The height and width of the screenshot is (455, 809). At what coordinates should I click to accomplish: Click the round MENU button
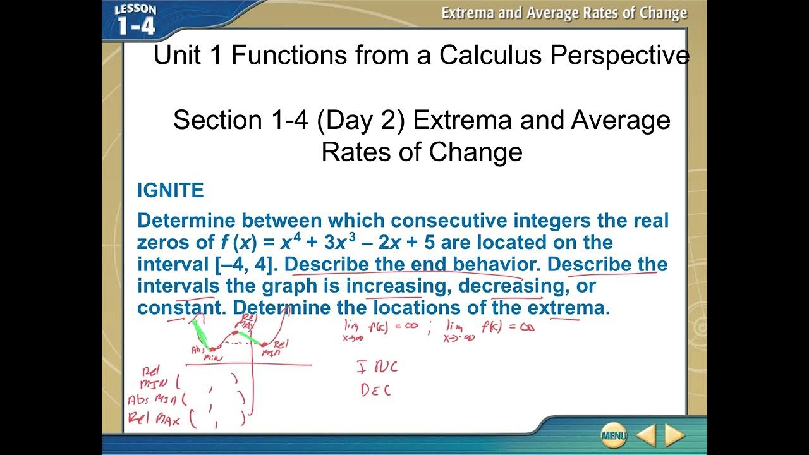pyautogui.click(x=614, y=435)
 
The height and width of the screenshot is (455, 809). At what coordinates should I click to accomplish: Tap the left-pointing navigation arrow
pyautogui.click(x=646, y=435)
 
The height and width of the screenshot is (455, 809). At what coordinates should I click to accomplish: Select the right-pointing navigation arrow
pyautogui.click(x=674, y=435)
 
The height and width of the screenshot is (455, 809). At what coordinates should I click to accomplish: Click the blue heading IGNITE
pyautogui.click(x=171, y=190)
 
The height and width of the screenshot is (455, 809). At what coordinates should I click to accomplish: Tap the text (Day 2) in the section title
pyautogui.click(x=361, y=119)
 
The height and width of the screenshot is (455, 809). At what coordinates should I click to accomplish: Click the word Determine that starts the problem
pyautogui.click(x=186, y=221)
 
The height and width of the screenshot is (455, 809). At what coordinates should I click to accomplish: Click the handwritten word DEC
pyautogui.click(x=375, y=390)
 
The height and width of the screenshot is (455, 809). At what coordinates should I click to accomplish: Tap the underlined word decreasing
pyautogui.click(x=511, y=286)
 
